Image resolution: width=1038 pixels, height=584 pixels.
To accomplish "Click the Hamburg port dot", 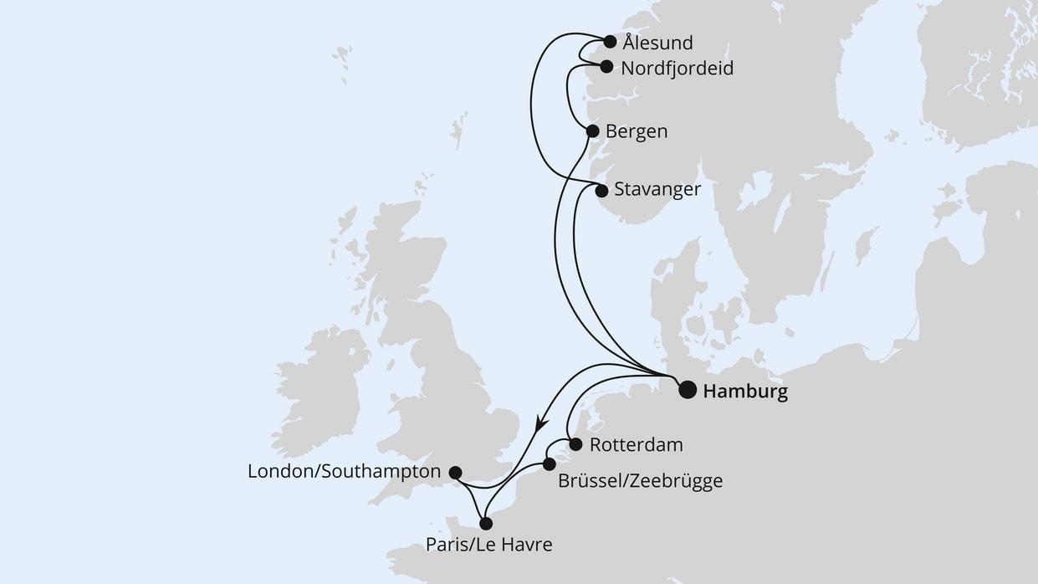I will [687, 389].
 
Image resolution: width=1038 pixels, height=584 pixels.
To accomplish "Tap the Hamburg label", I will [745, 391].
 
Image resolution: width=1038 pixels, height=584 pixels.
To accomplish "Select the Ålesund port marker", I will [610, 41].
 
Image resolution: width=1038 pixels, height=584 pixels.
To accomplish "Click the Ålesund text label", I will [658, 43].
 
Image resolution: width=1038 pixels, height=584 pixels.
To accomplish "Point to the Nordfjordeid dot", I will [606, 67].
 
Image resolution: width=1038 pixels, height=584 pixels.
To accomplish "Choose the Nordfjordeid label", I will [677, 69].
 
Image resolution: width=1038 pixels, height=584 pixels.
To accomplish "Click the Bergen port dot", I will [592, 131].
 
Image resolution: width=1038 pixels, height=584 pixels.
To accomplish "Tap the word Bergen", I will [637, 132].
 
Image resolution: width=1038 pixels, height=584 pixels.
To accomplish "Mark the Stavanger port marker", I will [601, 191].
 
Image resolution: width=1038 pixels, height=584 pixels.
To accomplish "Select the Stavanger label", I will [657, 190].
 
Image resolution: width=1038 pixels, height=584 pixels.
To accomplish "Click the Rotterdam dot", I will [575, 444].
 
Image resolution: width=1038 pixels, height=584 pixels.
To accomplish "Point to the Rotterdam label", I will [636, 444].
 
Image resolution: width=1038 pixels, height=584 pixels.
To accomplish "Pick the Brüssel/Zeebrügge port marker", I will [549, 464].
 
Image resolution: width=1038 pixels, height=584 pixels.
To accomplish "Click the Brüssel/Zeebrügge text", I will [640, 481].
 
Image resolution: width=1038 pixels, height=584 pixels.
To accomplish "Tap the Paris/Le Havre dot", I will [486, 524].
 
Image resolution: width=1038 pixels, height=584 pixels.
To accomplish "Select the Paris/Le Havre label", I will [488, 546].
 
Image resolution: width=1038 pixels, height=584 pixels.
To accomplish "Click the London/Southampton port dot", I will [456, 473].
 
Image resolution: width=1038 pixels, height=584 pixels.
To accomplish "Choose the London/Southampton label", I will [344, 472].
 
